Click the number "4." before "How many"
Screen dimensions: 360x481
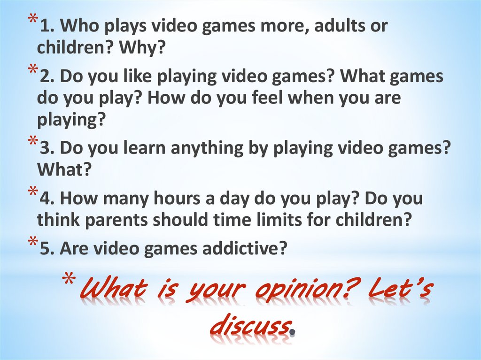click(47, 199)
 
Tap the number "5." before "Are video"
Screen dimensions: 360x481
click(47, 248)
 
